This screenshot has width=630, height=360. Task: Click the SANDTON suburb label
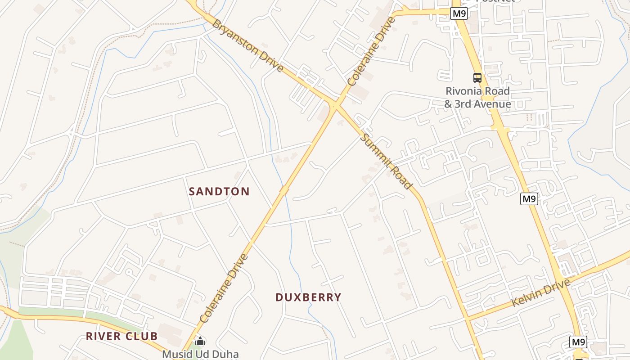[219, 191]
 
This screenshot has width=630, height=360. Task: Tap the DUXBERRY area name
[308, 297]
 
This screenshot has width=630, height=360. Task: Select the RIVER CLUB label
[121, 336]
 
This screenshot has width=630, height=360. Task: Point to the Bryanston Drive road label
[248, 45]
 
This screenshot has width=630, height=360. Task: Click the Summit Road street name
[386, 161]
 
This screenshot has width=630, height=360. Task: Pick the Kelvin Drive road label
[541, 292]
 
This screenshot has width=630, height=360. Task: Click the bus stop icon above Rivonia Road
[477, 78]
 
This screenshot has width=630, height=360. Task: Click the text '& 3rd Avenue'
[477, 104]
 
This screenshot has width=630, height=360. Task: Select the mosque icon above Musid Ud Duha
[200, 342]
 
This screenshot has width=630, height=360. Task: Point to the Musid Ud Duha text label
[200, 354]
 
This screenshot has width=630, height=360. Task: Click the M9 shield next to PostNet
[459, 13]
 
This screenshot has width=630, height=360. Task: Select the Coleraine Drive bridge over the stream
[283, 190]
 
